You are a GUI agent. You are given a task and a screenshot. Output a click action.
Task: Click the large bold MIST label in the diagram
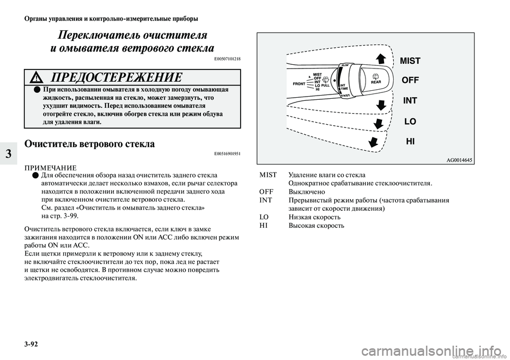click(x=410, y=61)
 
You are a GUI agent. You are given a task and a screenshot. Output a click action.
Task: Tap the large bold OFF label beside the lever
click(x=410, y=80)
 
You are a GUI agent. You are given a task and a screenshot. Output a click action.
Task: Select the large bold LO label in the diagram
click(x=410, y=122)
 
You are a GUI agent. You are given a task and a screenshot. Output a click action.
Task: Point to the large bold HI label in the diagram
click(x=410, y=141)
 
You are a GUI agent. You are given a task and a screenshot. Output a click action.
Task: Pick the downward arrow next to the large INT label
click(x=380, y=104)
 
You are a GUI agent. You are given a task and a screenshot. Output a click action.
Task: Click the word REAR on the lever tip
click(x=376, y=82)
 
